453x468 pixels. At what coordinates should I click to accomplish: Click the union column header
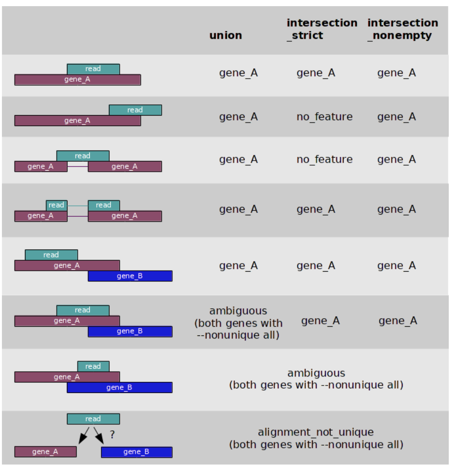point(225,35)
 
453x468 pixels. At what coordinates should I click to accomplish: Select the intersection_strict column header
point(322,29)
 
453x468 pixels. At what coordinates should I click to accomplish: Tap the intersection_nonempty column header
point(403,29)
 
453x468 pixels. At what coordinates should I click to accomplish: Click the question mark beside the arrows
point(112,434)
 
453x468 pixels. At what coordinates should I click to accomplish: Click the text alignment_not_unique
point(316,432)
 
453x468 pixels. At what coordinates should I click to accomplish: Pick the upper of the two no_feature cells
point(324,117)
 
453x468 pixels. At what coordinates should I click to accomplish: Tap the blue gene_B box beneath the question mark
point(136,452)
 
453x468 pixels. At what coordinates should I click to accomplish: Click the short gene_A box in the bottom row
point(45,452)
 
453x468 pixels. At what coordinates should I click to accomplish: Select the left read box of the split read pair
point(56,205)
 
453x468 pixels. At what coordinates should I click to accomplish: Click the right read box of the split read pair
point(104,205)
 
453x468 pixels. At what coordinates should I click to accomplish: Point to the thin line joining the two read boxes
point(77,206)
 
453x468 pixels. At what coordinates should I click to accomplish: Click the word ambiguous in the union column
point(238,311)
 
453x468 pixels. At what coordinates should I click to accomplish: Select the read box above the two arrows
point(93,419)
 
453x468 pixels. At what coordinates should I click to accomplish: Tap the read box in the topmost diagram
point(93,69)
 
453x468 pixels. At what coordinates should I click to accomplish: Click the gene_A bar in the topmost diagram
point(77,80)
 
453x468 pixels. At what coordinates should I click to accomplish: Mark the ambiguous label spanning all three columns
point(316,373)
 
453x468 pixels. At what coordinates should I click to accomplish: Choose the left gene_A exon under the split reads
point(40,216)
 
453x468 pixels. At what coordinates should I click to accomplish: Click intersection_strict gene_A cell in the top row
point(316,73)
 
